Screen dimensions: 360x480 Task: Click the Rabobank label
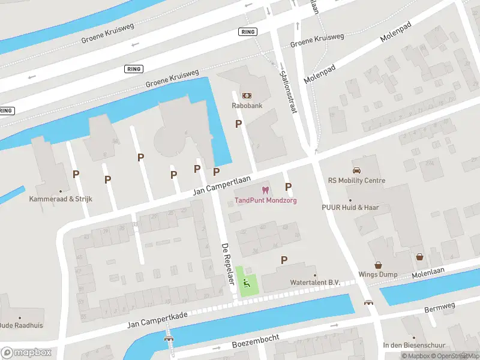(247, 106)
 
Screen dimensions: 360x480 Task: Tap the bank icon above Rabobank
(247, 95)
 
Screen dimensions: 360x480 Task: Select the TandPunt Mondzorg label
(265, 200)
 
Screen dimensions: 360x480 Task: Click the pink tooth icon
(266, 190)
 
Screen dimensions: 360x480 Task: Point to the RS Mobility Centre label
(357, 181)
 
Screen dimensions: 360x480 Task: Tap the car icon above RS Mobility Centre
(357, 170)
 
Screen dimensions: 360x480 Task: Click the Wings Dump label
(379, 275)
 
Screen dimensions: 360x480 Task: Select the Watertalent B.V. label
(298, 283)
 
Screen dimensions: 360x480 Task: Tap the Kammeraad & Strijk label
(60, 198)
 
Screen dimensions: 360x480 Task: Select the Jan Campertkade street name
(158, 320)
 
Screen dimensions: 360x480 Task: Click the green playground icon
(247, 283)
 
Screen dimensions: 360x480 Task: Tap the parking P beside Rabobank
(238, 124)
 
